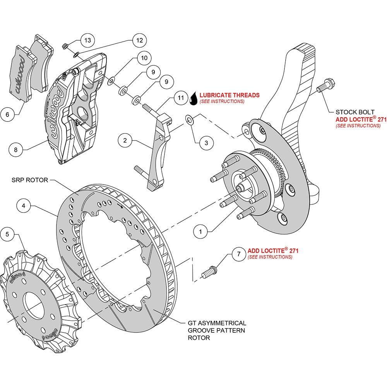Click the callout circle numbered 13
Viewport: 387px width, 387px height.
(87, 40)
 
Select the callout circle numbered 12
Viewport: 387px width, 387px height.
(139, 40)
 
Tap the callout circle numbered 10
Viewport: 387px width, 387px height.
(144, 58)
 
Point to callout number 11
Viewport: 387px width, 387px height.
(181, 98)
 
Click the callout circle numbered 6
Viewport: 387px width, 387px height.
(7, 115)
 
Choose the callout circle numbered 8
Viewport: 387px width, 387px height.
(16, 149)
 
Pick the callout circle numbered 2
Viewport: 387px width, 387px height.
(125, 140)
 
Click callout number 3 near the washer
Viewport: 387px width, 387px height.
(206, 143)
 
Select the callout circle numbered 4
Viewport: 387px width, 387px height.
(24, 205)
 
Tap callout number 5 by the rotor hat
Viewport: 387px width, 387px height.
(7, 234)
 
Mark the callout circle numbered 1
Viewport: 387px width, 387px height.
(200, 231)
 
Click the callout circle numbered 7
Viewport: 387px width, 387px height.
(239, 254)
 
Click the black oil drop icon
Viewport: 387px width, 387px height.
(194, 98)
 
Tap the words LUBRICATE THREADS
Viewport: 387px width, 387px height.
(229, 95)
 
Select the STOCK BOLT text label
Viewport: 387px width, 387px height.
(355, 112)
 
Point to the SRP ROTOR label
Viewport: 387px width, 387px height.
(30, 180)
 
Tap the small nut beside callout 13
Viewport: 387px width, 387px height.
(65, 46)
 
